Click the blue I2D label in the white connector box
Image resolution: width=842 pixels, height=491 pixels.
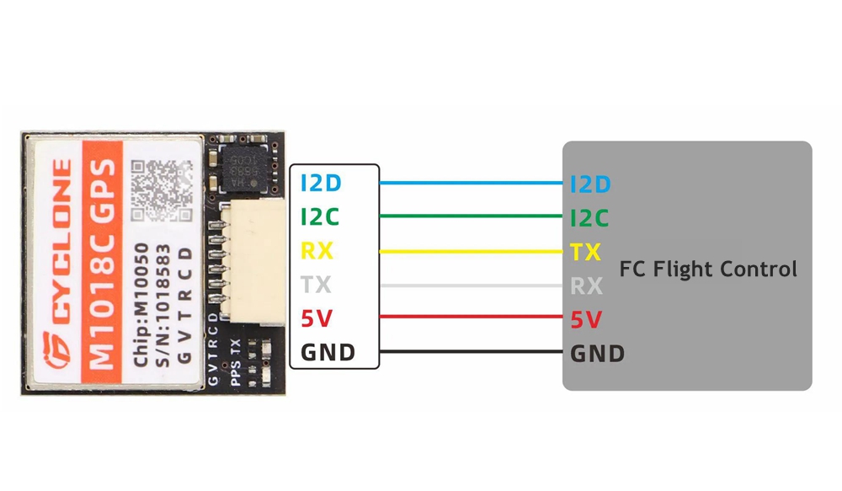pyautogui.click(x=321, y=183)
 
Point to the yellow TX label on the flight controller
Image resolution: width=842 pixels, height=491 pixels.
pyautogui.click(x=586, y=252)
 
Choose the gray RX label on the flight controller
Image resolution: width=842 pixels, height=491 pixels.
pyautogui.click(x=587, y=286)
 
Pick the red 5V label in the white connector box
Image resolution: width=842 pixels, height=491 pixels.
pyautogui.click(x=316, y=318)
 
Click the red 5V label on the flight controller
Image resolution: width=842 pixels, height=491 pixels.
pyautogui.click(x=586, y=320)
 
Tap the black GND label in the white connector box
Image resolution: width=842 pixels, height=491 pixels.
pyautogui.click(x=328, y=352)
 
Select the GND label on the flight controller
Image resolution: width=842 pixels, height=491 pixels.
pyautogui.click(x=598, y=353)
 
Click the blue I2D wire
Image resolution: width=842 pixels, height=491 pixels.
pyautogui.click(x=472, y=182)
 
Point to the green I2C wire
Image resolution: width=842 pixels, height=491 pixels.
pyautogui.click(x=472, y=216)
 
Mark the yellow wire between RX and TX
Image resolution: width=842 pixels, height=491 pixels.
pyautogui.click(x=472, y=251)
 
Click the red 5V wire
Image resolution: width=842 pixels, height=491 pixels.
pyautogui.click(x=472, y=318)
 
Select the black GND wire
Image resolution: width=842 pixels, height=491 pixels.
pyautogui.click(x=472, y=351)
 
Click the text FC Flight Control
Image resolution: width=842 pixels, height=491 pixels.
pyautogui.click(x=708, y=270)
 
